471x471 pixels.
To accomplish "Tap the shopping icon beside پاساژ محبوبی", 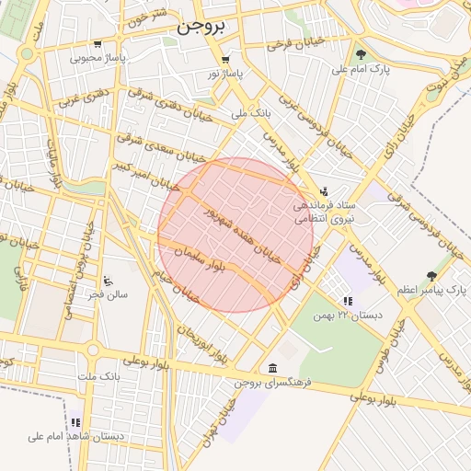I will click(98, 44).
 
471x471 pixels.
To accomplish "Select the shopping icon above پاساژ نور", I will click(225, 59).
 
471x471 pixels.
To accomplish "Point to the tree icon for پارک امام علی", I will click(361, 54).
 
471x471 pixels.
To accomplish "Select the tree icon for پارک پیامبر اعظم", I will click(431, 276).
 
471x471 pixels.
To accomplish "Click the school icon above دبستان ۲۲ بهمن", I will click(347, 301).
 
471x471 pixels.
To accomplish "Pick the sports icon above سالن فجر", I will click(109, 281).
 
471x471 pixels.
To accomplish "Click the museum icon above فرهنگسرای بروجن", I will click(272, 368).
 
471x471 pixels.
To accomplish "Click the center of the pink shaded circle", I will click(235, 235).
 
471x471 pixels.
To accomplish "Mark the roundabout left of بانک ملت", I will click(93, 350).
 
